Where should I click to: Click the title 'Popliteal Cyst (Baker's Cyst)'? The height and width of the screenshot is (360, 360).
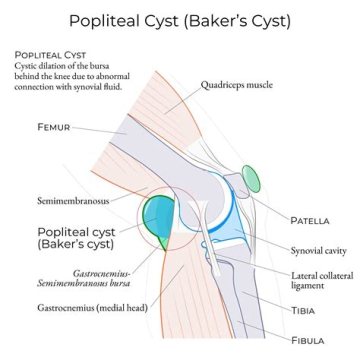[x=179, y=21]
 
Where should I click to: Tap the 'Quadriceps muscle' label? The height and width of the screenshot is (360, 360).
[x=236, y=85]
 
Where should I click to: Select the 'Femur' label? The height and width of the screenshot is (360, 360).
[x=53, y=127]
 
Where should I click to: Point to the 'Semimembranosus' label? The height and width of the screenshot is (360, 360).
[x=73, y=201]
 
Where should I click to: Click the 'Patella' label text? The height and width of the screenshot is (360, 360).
[x=309, y=220]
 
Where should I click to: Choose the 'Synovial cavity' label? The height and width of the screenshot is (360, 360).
[x=318, y=250]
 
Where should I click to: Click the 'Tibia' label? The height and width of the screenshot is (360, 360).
[x=303, y=310]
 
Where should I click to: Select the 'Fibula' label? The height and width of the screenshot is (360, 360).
[x=307, y=341]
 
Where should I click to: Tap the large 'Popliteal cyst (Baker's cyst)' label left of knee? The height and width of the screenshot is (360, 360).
[x=76, y=238]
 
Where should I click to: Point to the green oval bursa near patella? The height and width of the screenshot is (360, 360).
[x=251, y=178]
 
